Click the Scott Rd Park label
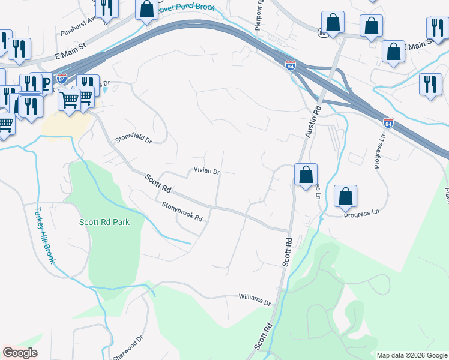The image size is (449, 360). [x=104, y=222]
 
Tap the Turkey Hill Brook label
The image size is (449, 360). [x=45, y=236]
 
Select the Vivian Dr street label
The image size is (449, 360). [x=207, y=171]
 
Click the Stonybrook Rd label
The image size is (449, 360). [x=182, y=211]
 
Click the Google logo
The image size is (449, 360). [x=20, y=353]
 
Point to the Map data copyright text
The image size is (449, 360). [x=411, y=355]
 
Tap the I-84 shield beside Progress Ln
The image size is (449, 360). [x=388, y=122]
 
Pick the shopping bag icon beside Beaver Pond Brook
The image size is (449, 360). [x=146, y=10]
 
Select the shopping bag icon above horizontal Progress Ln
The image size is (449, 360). [x=345, y=196]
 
